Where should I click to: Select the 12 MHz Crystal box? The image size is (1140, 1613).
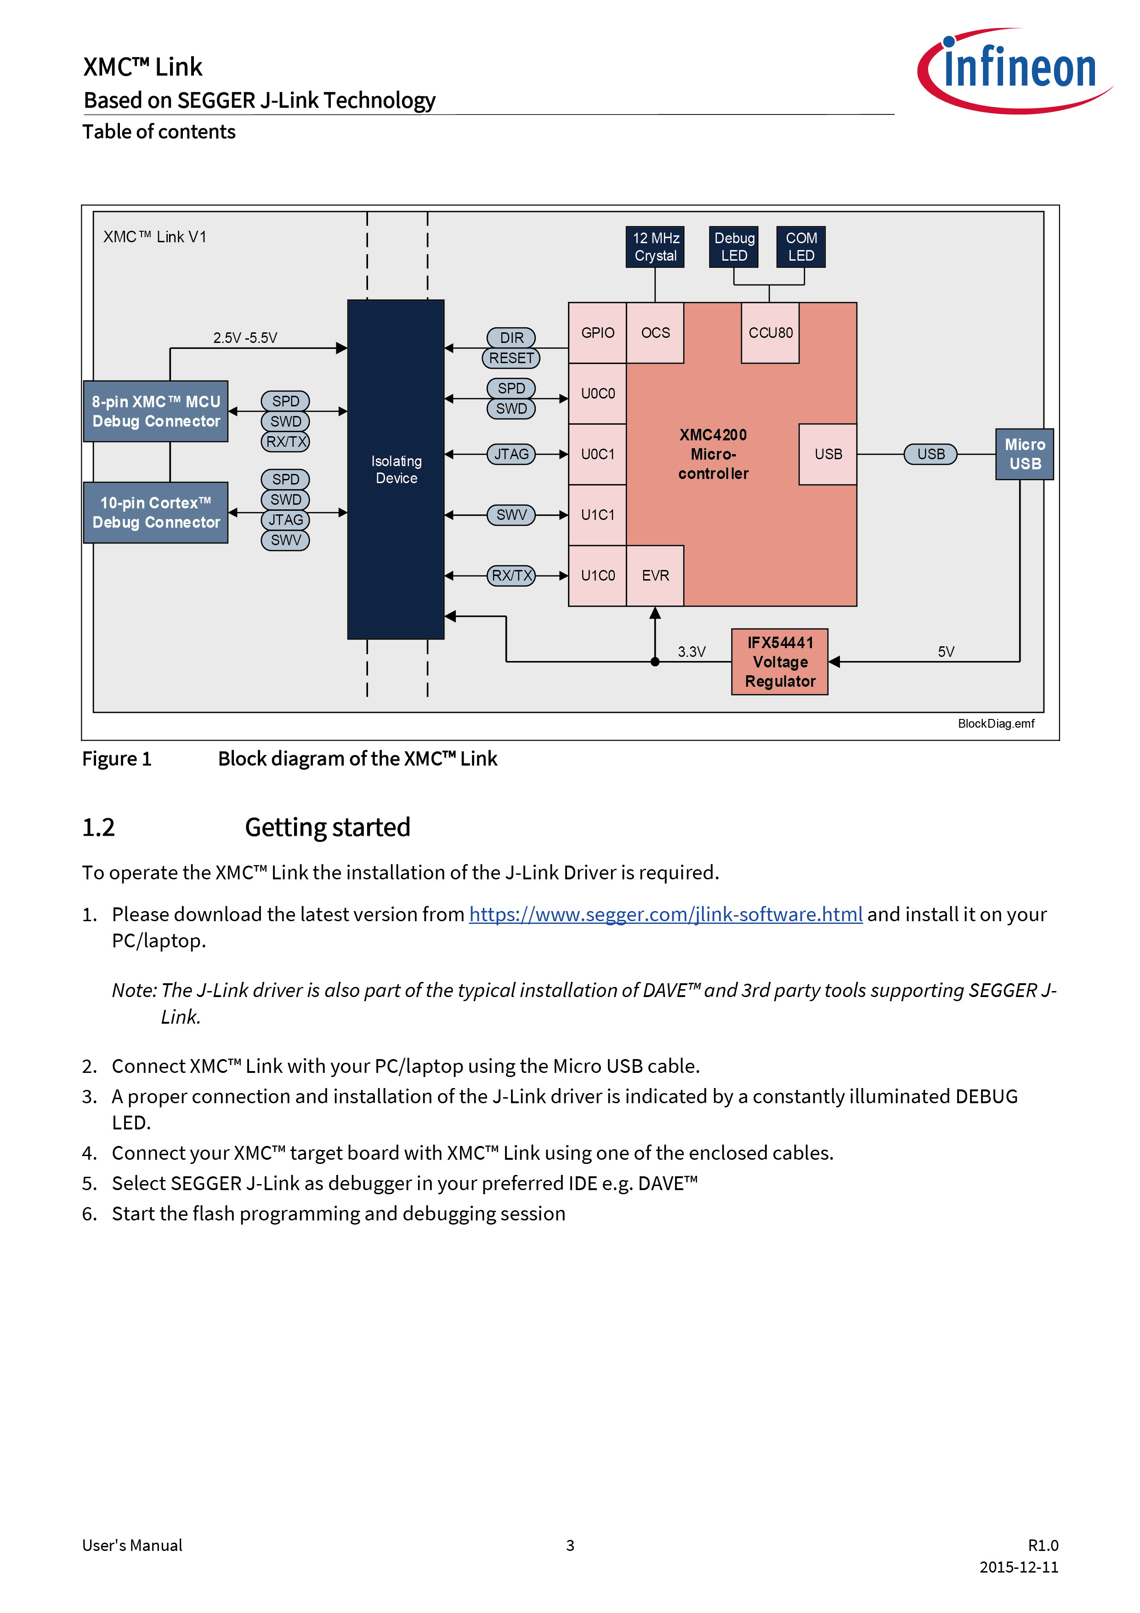tap(655, 246)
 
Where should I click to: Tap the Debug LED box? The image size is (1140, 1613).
tap(734, 246)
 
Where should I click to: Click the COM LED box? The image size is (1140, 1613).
tap(801, 246)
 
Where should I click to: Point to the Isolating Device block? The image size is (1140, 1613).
tap(396, 469)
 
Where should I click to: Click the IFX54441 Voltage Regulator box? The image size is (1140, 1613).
tap(780, 662)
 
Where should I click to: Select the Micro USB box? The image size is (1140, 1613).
tap(1025, 454)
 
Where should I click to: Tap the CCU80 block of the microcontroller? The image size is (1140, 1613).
tap(771, 333)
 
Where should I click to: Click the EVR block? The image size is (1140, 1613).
tap(655, 576)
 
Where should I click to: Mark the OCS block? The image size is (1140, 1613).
tap(655, 333)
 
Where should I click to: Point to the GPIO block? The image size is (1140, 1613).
tap(598, 333)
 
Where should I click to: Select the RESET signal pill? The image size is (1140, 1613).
tap(511, 358)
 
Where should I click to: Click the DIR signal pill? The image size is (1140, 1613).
tap(511, 338)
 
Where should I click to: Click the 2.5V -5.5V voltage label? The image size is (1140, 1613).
tap(245, 338)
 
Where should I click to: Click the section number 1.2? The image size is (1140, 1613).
tap(98, 827)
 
